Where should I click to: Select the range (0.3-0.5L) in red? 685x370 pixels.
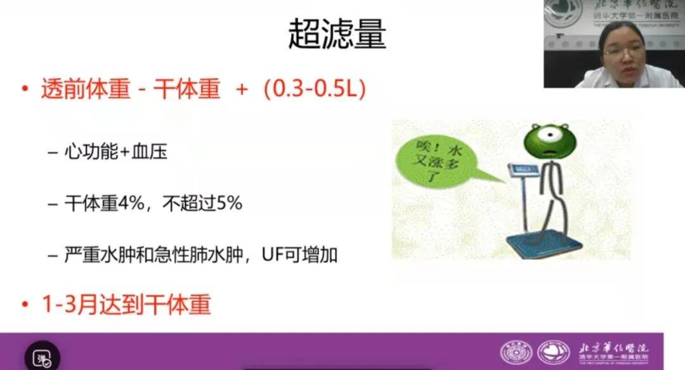(x=315, y=89)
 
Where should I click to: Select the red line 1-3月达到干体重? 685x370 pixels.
(x=126, y=305)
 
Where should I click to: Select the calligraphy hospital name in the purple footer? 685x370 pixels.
(x=613, y=348)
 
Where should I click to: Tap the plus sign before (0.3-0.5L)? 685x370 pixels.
(x=241, y=90)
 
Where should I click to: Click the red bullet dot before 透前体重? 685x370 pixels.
(x=25, y=89)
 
